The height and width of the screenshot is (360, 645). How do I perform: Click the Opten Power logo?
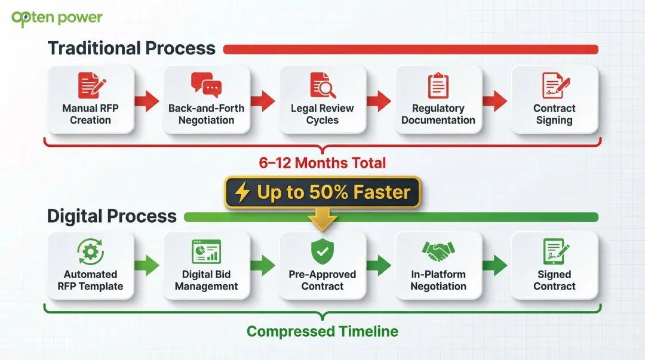coord(57,18)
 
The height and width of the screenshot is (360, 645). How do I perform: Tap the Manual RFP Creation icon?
coord(92,86)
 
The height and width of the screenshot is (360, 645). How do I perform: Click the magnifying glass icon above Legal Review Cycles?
coord(322,85)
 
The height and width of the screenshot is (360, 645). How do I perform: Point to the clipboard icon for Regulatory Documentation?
coord(438,86)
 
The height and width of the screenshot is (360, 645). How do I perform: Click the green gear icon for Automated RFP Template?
coord(91,251)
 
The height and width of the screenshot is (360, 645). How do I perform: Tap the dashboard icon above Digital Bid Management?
coord(206,252)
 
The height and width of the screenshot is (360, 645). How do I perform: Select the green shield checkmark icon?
coord(322,252)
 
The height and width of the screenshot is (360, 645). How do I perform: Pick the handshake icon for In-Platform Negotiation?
coord(438,252)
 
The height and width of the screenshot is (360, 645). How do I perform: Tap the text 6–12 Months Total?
coord(322,162)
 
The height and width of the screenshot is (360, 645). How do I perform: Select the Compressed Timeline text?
coord(322,331)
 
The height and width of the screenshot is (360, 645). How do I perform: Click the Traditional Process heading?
coord(131,48)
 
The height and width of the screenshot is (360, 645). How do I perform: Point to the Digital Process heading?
coord(112,216)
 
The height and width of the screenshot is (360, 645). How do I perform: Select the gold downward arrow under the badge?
coord(322,220)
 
